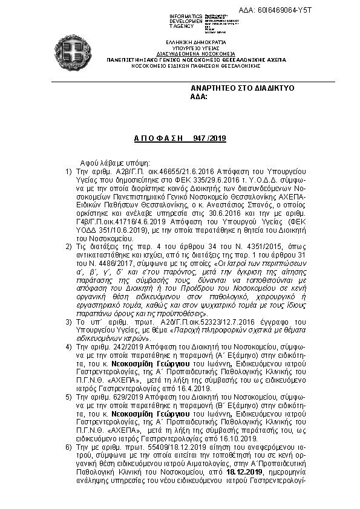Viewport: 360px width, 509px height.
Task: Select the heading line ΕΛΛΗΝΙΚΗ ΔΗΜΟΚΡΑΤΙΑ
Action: coord(188,42)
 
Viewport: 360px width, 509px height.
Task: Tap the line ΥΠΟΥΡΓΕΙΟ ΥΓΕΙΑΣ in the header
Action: coord(188,47)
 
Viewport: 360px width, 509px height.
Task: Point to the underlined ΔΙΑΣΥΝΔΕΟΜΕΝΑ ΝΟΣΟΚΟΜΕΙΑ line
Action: coord(188,53)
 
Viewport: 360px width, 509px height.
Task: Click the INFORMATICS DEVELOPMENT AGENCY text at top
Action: coord(186,19)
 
